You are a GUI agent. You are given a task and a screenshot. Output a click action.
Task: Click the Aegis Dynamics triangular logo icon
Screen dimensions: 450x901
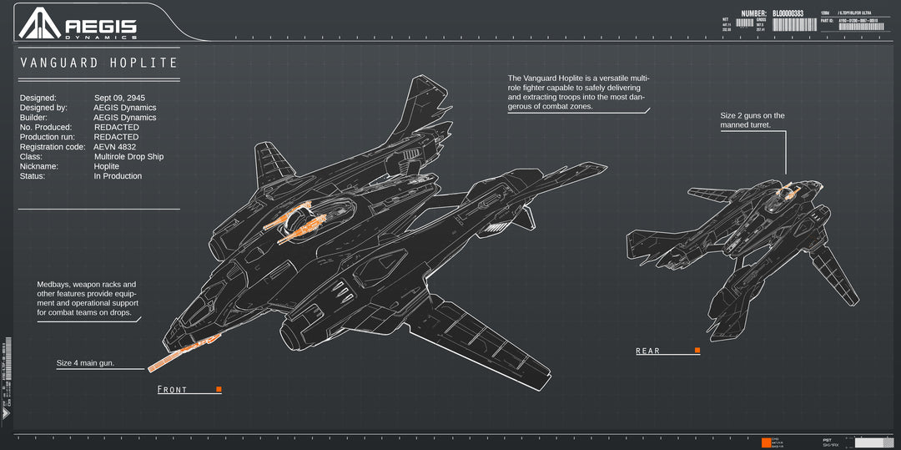click(40, 23)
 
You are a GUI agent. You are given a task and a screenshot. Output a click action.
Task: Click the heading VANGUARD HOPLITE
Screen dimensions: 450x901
click(99, 63)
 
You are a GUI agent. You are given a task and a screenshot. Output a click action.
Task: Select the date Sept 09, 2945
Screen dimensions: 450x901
click(119, 98)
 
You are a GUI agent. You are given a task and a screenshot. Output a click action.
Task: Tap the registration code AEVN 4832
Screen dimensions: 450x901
click(114, 147)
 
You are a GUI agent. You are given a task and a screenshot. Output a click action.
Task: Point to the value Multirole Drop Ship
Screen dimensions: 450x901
click(128, 157)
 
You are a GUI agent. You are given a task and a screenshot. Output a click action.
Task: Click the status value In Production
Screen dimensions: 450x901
click(118, 176)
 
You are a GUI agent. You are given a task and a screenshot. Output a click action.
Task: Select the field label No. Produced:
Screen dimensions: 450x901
click(47, 128)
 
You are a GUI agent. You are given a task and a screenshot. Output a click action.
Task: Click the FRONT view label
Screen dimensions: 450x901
click(173, 390)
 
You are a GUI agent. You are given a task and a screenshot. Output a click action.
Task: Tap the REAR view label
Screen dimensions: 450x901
click(647, 351)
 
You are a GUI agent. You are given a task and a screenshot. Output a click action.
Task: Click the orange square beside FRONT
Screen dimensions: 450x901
click(219, 389)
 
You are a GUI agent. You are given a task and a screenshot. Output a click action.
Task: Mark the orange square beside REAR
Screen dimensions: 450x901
click(697, 351)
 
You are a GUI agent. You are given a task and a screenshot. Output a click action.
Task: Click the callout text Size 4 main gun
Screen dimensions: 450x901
click(85, 364)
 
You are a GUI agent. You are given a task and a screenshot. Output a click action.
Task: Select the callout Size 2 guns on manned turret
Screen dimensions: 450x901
click(753, 120)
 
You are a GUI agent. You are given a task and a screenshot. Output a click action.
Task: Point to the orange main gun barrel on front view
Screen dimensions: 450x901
click(184, 352)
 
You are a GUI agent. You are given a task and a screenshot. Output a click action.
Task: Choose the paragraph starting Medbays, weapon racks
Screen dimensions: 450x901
click(87, 299)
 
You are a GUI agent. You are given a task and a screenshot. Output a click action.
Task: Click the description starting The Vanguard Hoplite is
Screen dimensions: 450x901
click(578, 92)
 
